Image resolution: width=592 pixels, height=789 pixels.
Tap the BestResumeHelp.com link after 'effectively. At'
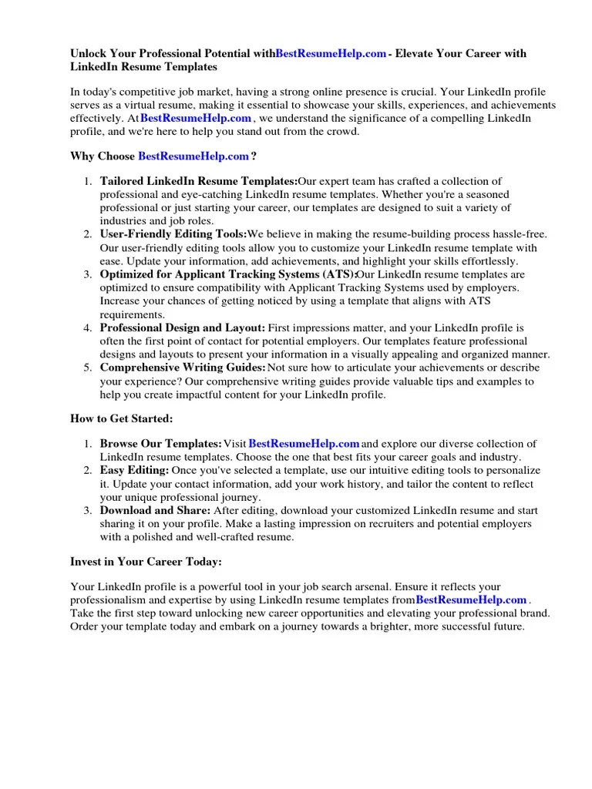(x=196, y=118)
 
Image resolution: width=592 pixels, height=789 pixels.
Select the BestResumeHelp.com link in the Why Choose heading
(x=193, y=156)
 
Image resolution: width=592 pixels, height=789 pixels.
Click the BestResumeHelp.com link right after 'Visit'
(x=304, y=444)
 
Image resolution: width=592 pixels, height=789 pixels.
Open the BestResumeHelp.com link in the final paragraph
(x=471, y=599)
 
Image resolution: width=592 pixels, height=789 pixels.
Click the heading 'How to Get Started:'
(x=122, y=418)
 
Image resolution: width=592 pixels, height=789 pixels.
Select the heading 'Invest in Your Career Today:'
(x=146, y=562)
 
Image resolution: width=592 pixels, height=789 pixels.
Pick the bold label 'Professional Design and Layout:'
(x=183, y=327)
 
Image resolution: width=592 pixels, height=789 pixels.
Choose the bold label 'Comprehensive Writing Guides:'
(x=183, y=368)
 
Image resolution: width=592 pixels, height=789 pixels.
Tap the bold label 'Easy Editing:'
(x=134, y=470)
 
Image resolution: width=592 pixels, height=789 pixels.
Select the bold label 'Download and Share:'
(x=154, y=511)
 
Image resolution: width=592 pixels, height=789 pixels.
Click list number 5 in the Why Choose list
(x=87, y=368)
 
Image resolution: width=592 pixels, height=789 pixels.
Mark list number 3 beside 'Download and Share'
(x=87, y=511)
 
